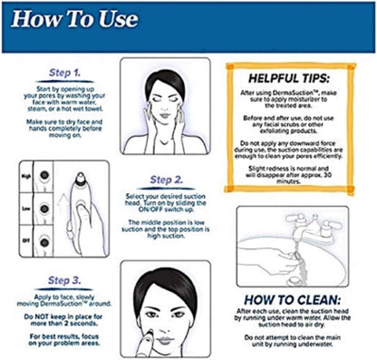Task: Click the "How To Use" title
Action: pyautogui.click(x=74, y=19)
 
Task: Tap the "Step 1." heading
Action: pyautogui.click(x=64, y=73)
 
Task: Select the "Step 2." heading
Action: pyautogui.click(x=167, y=180)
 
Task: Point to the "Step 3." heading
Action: pyautogui.click(x=64, y=280)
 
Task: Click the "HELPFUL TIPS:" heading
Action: pyautogui.click(x=289, y=79)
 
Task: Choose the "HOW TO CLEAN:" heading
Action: pyautogui.click(x=292, y=300)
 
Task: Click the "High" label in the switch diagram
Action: pyautogui.click(x=26, y=176)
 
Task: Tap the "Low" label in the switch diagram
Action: pyautogui.click(x=26, y=209)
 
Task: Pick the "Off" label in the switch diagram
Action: pyautogui.click(x=26, y=241)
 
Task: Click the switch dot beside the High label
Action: pyautogui.click(x=44, y=175)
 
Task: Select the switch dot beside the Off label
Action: pyautogui.click(x=44, y=242)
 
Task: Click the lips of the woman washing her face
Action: pyautogui.click(x=165, y=115)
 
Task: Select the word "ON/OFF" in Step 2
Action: pyautogui.click(x=150, y=209)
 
